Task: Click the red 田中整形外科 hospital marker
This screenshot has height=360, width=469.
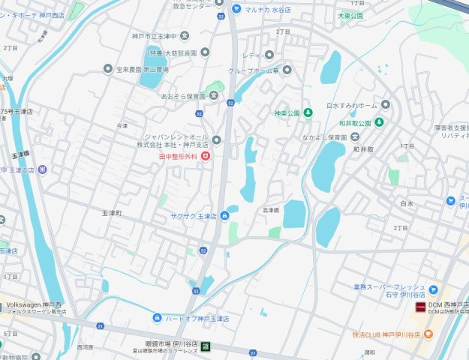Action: coord(205,156)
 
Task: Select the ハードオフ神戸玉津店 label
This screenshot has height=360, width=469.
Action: coord(197,319)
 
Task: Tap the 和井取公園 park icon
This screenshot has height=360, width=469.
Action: coord(380,122)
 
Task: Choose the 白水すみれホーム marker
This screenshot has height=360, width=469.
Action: coord(385,106)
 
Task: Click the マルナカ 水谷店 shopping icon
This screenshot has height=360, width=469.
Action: coord(236,9)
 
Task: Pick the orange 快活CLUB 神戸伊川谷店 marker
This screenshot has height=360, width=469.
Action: coord(428,334)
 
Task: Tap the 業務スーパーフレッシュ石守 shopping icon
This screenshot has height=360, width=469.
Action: coord(433,288)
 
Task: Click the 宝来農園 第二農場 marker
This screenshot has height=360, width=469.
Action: coord(108,68)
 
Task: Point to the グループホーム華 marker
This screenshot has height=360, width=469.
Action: coord(286,70)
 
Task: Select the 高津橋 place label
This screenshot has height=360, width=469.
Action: coord(270,211)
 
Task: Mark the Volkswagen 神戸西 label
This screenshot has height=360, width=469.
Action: coord(36,305)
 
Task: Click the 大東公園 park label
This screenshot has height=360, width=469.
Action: coord(350,15)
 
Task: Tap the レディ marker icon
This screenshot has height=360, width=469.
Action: coord(269,55)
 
